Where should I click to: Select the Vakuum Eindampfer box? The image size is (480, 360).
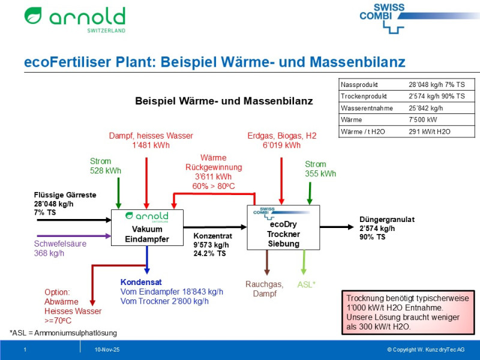pos(146,228)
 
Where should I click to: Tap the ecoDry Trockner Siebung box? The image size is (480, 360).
pos(283,227)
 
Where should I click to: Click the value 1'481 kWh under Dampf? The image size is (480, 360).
pos(147,145)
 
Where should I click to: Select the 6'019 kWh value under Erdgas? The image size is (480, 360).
pos(281,145)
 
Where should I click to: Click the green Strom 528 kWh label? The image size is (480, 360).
pos(106,166)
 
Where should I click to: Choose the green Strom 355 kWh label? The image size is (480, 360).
pos(320,169)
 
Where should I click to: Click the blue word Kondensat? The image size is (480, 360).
pos(142,282)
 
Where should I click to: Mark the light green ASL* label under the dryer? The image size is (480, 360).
pos(307,284)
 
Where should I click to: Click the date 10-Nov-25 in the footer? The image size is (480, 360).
pos(107,349)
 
